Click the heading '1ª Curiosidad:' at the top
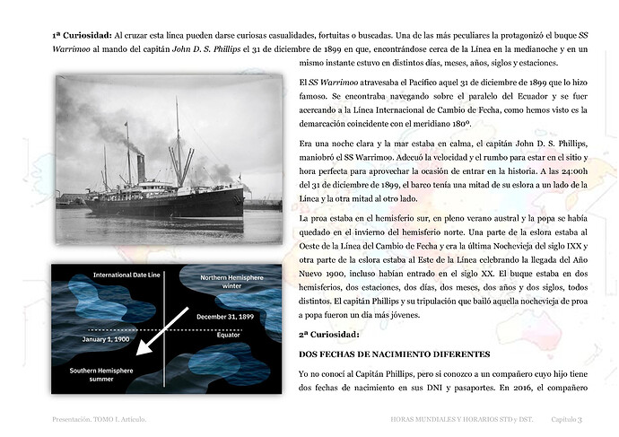80,37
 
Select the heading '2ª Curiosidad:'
328,333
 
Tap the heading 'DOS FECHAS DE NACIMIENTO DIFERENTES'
395,354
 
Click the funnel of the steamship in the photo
141,166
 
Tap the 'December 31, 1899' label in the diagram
225,317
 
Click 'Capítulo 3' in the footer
567,419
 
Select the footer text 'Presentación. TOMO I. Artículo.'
98,419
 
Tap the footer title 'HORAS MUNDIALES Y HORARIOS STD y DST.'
461,419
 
